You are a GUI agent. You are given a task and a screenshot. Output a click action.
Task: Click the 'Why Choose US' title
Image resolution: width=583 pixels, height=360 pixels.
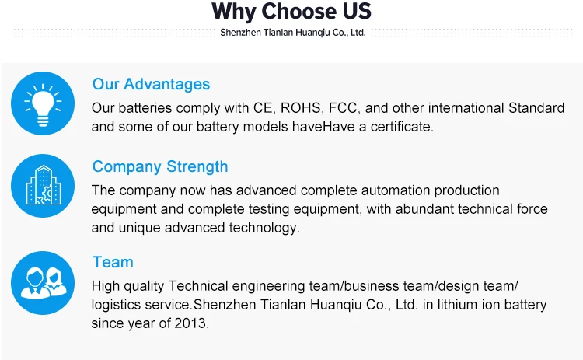pos(291,12)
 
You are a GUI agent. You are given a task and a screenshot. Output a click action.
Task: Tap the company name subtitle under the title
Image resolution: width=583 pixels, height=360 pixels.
pos(293,33)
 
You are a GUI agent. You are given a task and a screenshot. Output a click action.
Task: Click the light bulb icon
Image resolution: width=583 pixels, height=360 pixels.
pos(43,103)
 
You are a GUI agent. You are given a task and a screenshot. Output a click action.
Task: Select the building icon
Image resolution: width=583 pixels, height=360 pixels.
pos(43,186)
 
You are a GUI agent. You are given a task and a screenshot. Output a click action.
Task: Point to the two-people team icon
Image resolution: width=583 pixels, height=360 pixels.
pos(43,283)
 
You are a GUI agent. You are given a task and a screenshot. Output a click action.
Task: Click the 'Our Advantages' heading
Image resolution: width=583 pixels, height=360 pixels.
pos(151,85)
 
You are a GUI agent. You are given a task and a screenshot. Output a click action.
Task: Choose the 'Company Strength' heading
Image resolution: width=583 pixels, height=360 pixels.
pos(160,166)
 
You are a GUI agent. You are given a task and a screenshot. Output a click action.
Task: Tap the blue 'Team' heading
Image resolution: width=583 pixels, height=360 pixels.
pos(113,262)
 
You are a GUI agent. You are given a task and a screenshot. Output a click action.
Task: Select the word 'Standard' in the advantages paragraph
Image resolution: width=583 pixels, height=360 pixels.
pos(536,108)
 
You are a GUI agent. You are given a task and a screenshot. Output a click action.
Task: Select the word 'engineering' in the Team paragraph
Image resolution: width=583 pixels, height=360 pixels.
pos(268,286)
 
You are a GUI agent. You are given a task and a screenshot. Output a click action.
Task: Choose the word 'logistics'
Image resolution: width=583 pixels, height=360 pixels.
pos(116,305)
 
